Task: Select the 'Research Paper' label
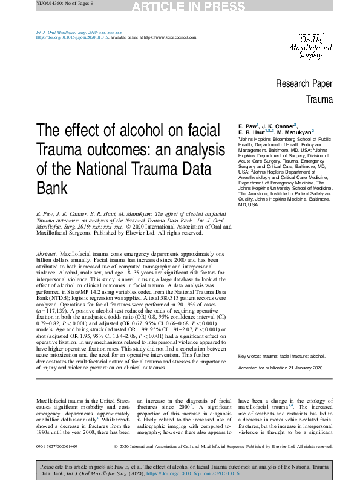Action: [304, 84]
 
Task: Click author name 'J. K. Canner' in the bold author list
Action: [279, 125]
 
